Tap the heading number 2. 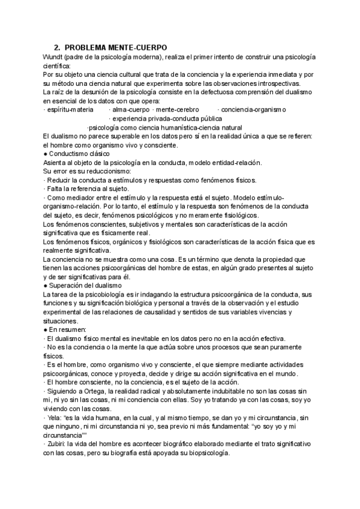coord(56,47)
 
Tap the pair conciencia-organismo coord(252,110)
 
